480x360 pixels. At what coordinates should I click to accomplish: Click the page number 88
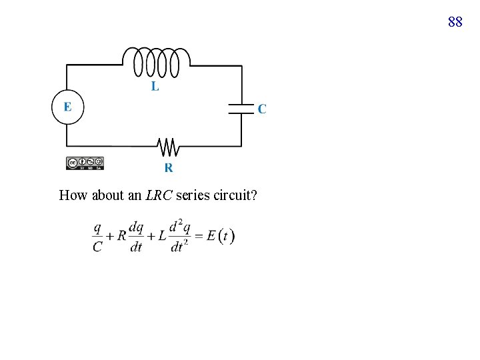[455, 22]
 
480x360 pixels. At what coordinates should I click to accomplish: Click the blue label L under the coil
[155, 86]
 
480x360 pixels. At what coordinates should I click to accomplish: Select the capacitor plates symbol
[241, 109]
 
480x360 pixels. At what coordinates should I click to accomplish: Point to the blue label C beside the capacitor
[262, 109]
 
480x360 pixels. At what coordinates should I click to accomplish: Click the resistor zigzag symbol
[167, 145]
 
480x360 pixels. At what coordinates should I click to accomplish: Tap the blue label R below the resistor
[169, 167]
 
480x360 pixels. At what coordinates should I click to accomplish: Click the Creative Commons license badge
[85, 163]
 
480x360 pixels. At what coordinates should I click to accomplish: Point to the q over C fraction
[97, 237]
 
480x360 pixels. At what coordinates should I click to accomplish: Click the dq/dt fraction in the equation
[135, 237]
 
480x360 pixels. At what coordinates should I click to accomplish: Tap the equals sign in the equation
[199, 237]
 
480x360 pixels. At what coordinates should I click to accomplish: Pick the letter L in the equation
[160, 237]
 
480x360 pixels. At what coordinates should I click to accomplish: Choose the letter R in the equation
[121, 237]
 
